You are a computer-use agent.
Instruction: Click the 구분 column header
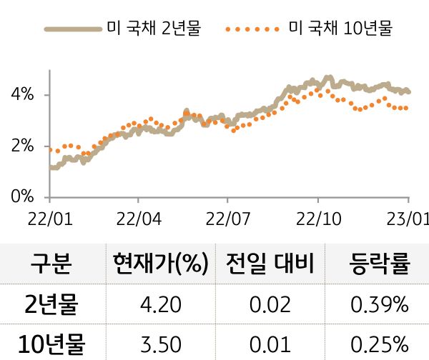point(51,263)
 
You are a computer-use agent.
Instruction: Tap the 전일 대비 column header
point(270,263)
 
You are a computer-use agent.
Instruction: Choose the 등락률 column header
point(379,263)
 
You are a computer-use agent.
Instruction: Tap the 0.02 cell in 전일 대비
point(270,306)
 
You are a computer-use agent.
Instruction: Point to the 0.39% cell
point(379,306)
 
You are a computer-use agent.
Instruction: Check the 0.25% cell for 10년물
point(379,344)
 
